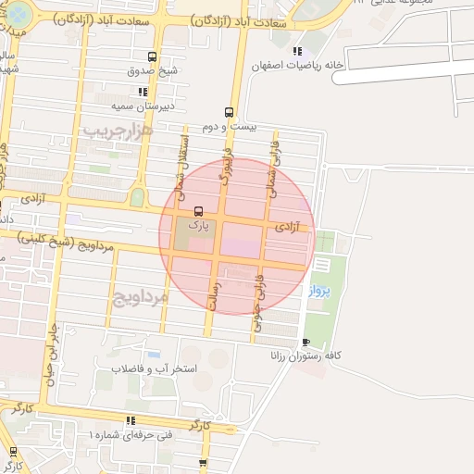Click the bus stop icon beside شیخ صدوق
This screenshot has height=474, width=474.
pos(152,56)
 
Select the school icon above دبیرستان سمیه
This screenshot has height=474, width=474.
pos(143,92)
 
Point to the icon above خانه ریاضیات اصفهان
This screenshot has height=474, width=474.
pos(296,51)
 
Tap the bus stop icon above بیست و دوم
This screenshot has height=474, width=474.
pos(229,111)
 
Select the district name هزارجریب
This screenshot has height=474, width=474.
pos(116,131)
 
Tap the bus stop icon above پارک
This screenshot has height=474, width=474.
pos(195,210)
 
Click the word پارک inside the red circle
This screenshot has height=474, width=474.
pos(198,224)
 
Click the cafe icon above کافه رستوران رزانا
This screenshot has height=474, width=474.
pos(306,342)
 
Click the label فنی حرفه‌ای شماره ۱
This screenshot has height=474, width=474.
pos(129,433)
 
